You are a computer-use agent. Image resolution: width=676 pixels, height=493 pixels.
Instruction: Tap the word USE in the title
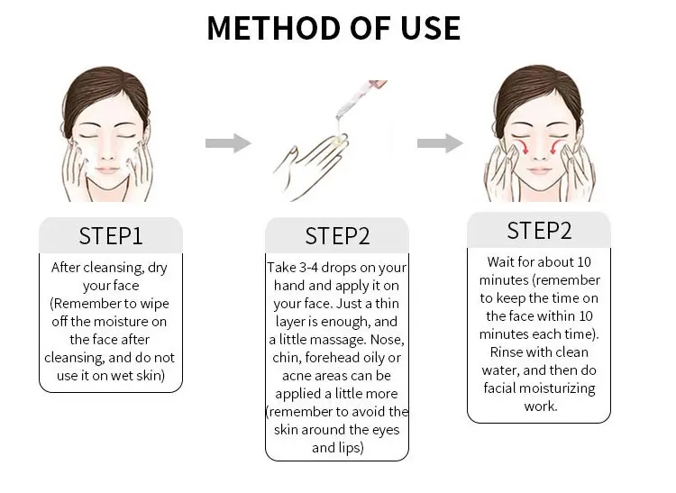431,29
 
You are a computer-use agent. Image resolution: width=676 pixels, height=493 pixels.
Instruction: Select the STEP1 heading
111,236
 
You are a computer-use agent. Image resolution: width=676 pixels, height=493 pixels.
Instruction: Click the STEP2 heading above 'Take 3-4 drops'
337,236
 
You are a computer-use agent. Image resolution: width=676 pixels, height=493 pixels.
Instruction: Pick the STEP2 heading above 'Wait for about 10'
539,231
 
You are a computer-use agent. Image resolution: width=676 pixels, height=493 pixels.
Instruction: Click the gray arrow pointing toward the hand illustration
228,143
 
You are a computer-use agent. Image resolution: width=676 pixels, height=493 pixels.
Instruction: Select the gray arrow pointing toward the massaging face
440,143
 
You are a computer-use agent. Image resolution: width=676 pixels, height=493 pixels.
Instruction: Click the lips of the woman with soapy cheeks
107,170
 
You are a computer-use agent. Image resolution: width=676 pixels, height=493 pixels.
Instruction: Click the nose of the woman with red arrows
539,153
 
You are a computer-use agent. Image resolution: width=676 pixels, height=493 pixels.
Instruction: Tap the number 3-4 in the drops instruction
308,268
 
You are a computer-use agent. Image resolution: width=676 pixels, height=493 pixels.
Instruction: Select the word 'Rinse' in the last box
505,352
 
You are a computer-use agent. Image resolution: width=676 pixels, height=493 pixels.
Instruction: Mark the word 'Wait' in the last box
500,262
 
